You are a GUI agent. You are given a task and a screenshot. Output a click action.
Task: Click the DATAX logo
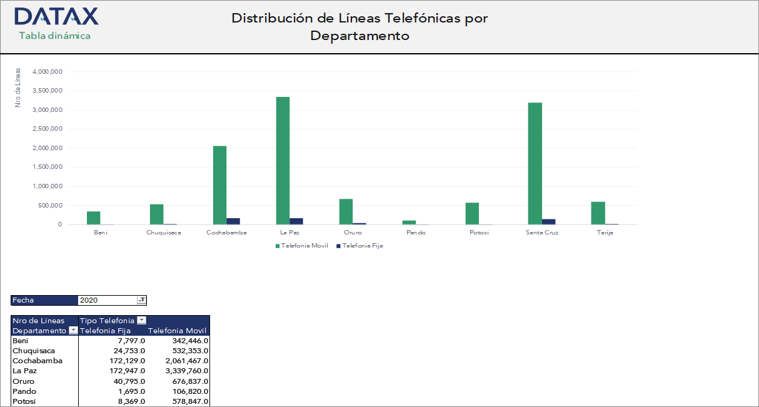click(56, 16)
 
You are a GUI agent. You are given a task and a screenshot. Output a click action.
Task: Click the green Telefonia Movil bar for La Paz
click(283, 161)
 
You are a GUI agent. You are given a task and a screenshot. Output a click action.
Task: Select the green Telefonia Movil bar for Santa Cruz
click(535, 163)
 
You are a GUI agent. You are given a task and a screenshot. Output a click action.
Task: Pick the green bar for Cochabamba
click(219, 185)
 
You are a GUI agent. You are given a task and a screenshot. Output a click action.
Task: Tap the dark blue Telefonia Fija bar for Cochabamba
click(233, 221)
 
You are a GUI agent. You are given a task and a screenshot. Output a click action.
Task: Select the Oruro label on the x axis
click(352, 233)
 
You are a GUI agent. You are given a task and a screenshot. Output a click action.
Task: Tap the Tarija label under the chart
click(604, 233)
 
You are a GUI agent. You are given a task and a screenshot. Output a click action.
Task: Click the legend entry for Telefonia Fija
click(359, 246)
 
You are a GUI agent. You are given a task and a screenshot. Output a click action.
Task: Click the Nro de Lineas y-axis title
click(18, 88)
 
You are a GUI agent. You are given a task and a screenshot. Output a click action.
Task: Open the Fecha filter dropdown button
click(142, 300)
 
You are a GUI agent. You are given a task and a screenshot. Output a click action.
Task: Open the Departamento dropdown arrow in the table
click(73, 331)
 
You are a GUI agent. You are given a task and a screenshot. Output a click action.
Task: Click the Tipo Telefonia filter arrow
click(141, 321)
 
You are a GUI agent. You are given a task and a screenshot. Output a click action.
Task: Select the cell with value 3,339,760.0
click(178, 371)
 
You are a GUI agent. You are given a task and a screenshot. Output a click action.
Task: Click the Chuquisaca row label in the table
click(32, 351)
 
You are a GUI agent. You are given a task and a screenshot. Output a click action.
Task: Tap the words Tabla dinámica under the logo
click(55, 36)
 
